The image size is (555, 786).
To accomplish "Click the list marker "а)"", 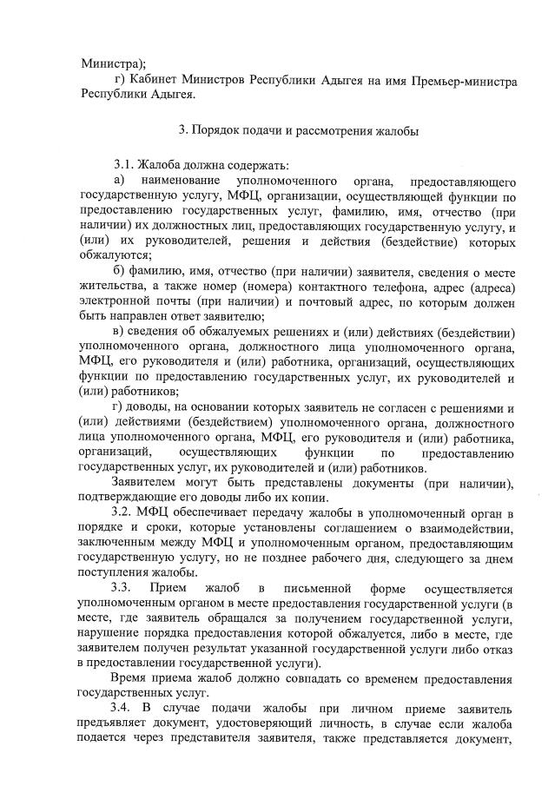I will tap(120, 182).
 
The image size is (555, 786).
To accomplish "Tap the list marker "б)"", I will tap(120, 270).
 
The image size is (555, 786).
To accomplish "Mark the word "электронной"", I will tap(115, 301).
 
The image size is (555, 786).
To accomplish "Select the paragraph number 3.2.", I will tap(124, 515).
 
